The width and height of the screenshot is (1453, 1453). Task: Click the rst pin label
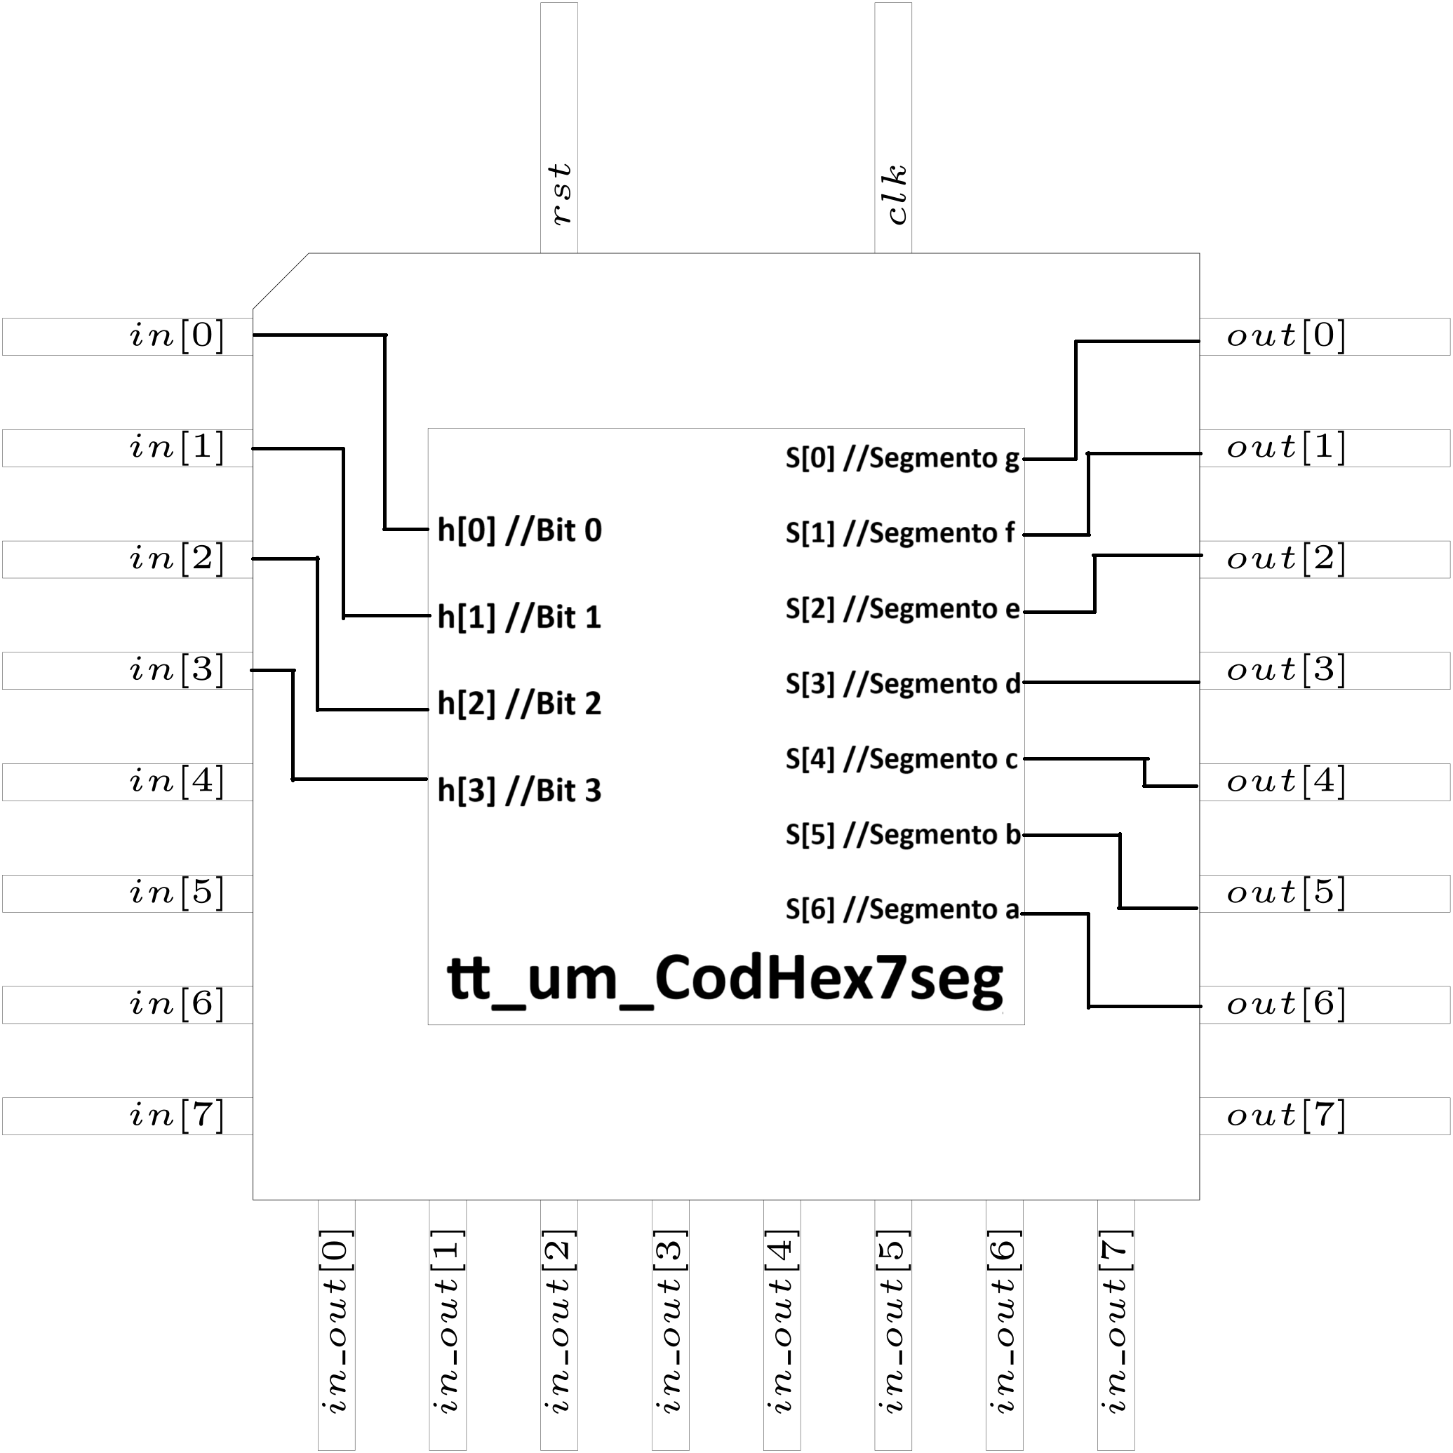click(x=561, y=194)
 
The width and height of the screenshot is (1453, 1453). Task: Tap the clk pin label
click(x=896, y=194)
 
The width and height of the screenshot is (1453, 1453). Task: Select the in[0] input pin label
click(x=177, y=335)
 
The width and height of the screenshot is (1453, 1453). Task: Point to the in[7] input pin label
click(x=177, y=1116)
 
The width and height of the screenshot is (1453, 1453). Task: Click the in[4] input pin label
click(x=177, y=782)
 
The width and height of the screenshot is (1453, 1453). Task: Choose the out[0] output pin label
click(x=1285, y=335)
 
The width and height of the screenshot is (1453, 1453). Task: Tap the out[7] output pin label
click(x=1285, y=1116)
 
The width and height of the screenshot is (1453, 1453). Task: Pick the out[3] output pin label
click(x=1285, y=669)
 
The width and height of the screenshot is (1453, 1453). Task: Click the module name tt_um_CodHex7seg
click(x=725, y=979)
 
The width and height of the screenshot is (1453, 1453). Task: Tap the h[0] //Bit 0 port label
click(x=520, y=530)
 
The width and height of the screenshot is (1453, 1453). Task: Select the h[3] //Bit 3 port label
click(x=520, y=791)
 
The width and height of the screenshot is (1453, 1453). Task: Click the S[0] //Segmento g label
click(x=902, y=458)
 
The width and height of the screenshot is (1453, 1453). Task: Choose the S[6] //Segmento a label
click(x=902, y=910)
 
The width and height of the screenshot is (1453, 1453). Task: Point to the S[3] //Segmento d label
click(x=902, y=683)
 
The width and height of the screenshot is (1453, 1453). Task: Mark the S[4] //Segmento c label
click(x=902, y=759)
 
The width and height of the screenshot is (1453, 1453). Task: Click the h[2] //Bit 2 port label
click(x=520, y=704)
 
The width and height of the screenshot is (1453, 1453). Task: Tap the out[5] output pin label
click(x=1285, y=892)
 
